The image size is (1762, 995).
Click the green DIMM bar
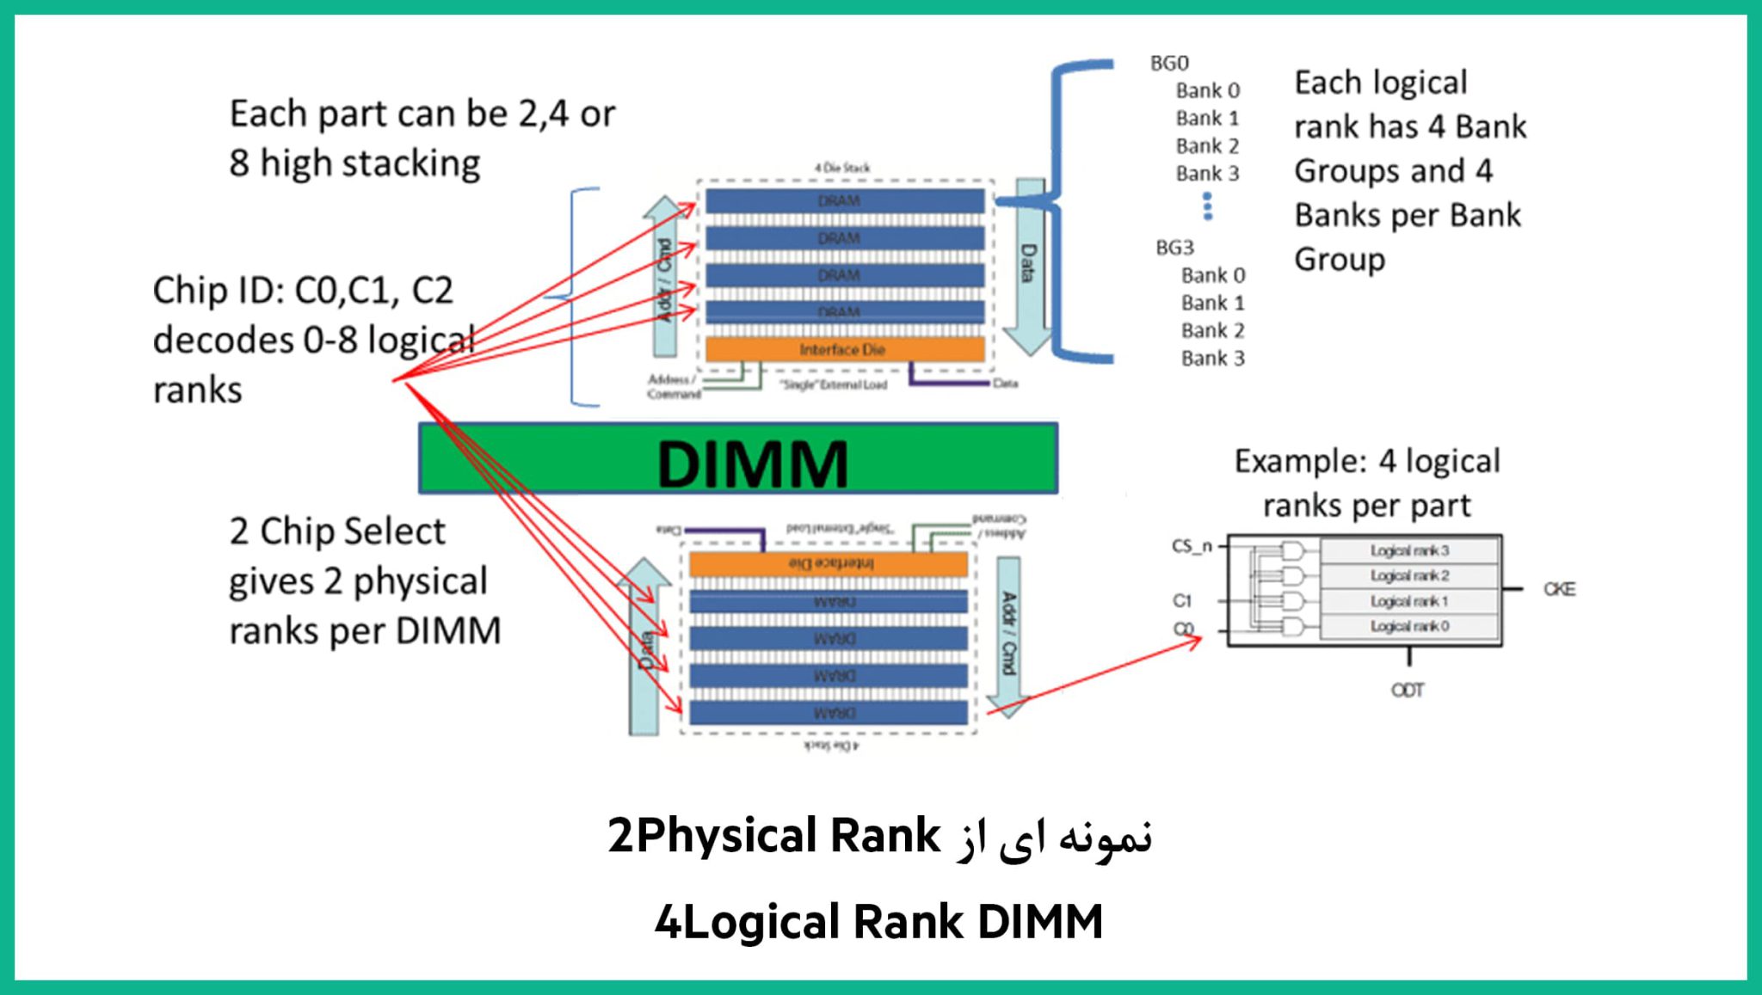point(738,458)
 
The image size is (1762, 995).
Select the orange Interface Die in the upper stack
point(844,349)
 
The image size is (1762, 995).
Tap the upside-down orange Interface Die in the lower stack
point(829,563)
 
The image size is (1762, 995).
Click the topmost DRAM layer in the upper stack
point(844,200)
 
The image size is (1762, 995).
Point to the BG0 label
point(1169,63)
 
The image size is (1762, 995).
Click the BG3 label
point(1174,248)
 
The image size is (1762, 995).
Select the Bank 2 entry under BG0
point(1207,145)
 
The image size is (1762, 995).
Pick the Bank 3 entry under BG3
point(1212,358)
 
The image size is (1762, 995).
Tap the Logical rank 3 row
point(1409,550)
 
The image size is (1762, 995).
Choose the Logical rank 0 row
point(1409,626)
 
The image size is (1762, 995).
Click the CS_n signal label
point(1192,546)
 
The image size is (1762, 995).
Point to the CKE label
point(1559,589)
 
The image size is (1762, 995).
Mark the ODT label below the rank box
point(1408,690)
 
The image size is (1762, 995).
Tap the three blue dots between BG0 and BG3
point(1208,206)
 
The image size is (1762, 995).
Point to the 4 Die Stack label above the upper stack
point(842,168)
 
